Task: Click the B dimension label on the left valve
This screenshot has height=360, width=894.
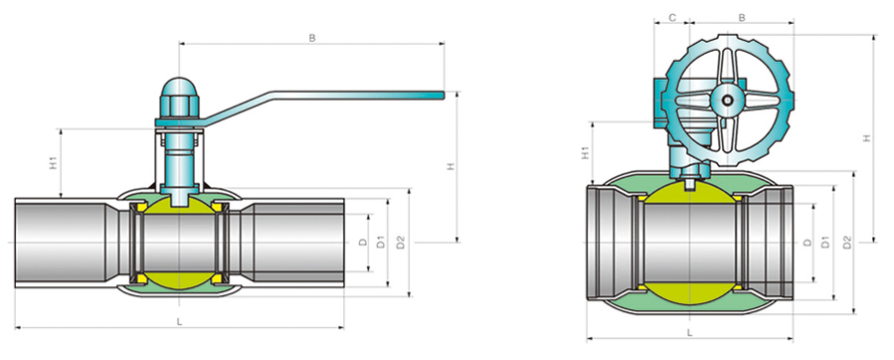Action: [x=312, y=38]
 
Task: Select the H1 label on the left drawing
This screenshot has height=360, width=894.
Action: [x=53, y=164]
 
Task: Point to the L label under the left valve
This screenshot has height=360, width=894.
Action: [x=179, y=322]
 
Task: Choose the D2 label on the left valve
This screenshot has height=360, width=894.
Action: [x=400, y=242]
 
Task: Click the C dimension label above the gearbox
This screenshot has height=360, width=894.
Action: [x=672, y=18]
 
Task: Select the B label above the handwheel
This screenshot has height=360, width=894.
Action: [x=742, y=18]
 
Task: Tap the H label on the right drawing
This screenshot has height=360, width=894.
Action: [x=867, y=138]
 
